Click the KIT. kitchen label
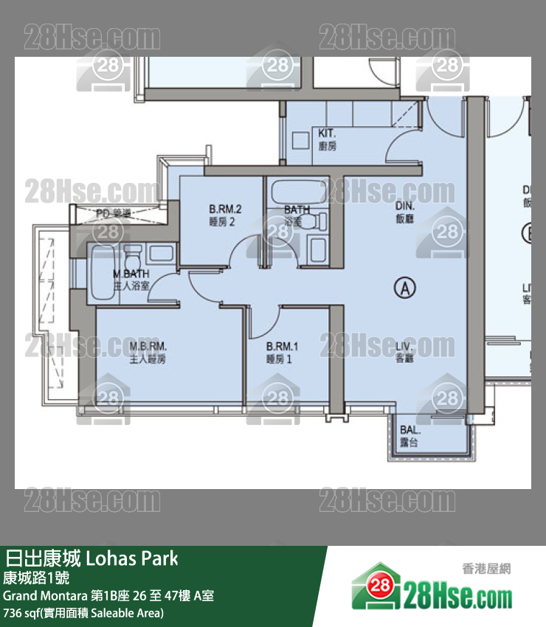point(328,139)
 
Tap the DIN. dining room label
point(405,213)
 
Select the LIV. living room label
point(405,351)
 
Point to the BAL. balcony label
point(410,434)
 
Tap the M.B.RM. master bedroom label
point(148,352)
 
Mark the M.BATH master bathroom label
point(131,280)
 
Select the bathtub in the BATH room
point(296,194)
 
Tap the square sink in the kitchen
point(301,141)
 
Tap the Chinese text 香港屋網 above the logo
point(485,569)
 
